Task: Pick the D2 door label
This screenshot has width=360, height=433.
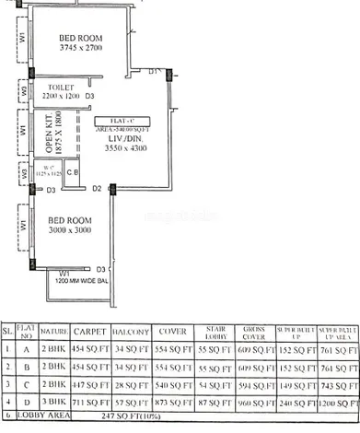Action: [x=97, y=188]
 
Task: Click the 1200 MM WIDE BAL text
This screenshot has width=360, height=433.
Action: [x=87, y=282]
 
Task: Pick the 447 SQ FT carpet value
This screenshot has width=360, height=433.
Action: [x=91, y=384]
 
